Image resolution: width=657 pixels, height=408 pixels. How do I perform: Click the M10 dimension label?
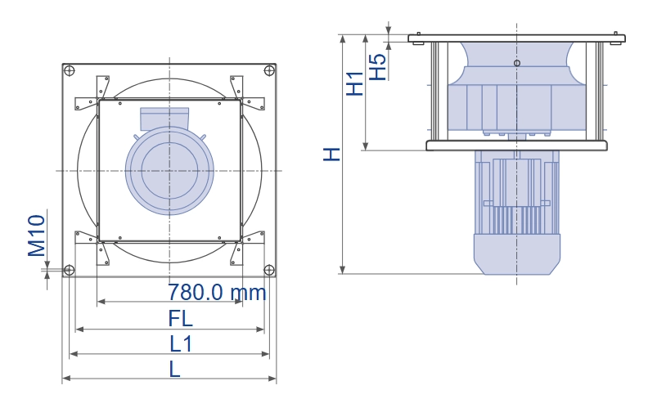pyautogui.click(x=37, y=235)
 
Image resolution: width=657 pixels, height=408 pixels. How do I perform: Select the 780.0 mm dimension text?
pyautogui.click(x=217, y=292)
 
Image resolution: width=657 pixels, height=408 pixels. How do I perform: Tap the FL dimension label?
pyautogui.click(x=180, y=319)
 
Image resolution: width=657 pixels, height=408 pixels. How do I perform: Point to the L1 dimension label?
pyautogui.click(x=181, y=344)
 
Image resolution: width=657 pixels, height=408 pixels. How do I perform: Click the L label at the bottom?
pyautogui.click(x=175, y=369)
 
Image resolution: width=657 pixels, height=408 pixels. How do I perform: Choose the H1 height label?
pyautogui.click(x=354, y=83)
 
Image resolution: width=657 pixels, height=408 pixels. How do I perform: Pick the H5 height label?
pyautogui.click(x=378, y=67)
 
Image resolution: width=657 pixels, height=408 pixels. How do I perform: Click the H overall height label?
pyautogui.click(x=332, y=155)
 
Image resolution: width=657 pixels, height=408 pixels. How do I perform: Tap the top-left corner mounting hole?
pyautogui.click(x=70, y=70)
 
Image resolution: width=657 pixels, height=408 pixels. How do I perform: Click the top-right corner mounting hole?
pyautogui.click(x=269, y=70)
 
